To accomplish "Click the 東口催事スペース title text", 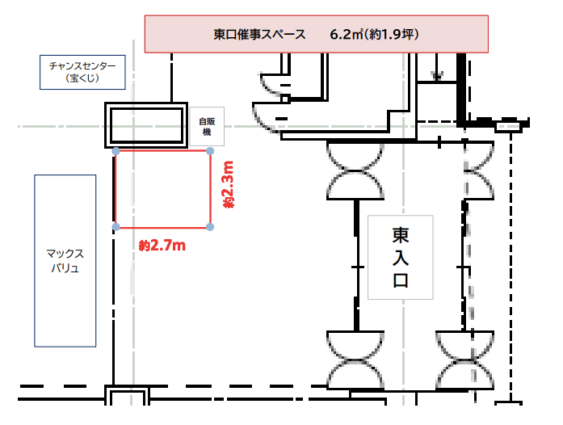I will (x=259, y=35).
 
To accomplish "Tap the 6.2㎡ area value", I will (x=345, y=35).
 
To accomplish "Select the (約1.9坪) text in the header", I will (x=391, y=35).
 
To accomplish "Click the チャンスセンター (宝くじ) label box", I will (x=83, y=72).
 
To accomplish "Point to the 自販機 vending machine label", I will (x=206, y=126).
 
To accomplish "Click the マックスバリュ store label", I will (x=65, y=259).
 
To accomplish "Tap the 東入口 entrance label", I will (x=400, y=257).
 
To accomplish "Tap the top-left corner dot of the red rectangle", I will (x=116, y=151).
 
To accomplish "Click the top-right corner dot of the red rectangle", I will (x=211, y=151).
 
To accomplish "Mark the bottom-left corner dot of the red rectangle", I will (x=116, y=226).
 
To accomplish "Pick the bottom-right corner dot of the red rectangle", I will (x=211, y=226).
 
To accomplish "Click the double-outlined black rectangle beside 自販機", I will (x=148, y=125).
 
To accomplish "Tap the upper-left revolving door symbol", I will (x=356, y=170).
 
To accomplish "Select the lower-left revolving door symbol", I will (x=356, y=357).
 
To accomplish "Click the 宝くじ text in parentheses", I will (x=83, y=80).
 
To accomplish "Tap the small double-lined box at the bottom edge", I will (x=128, y=400).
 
